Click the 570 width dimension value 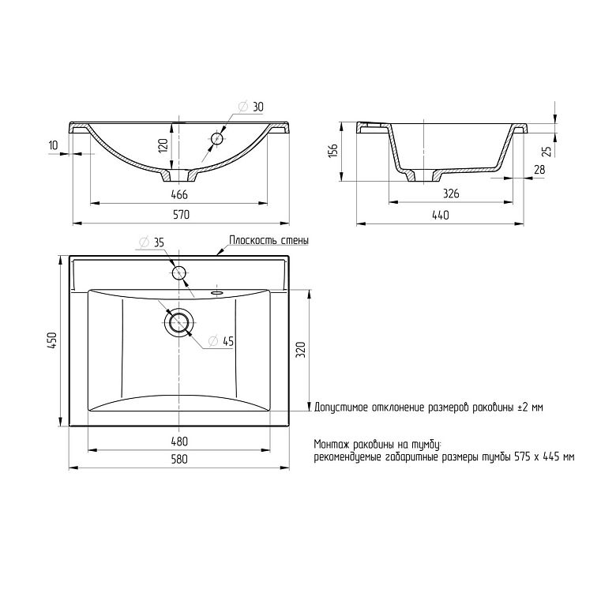tap(181, 215)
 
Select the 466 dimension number tap(180, 194)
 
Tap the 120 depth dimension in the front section tap(163, 145)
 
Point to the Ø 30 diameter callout tap(251, 107)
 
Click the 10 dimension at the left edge tap(53, 145)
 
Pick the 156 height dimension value tap(333, 151)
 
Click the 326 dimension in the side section tap(451, 193)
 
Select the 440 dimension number tap(441, 216)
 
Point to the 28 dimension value tap(539, 170)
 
